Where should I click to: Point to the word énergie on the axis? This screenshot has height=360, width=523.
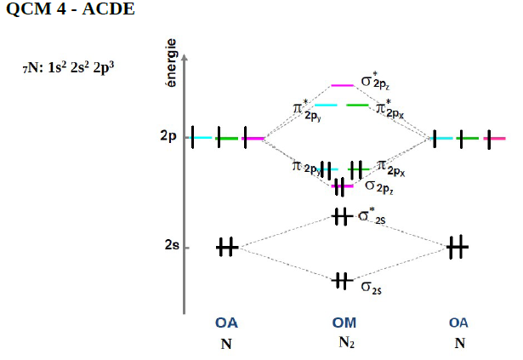tap(173, 63)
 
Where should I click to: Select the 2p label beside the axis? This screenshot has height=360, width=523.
tap(168, 137)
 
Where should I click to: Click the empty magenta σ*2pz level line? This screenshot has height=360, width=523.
tap(342, 85)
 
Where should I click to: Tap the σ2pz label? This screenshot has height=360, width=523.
tap(378, 185)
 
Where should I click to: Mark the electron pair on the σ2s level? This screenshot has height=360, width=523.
tap(342, 279)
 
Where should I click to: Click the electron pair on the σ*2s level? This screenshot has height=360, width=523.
tap(341, 216)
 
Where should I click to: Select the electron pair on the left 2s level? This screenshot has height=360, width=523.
tap(226, 247)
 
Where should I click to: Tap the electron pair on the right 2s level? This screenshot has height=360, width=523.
tap(457, 247)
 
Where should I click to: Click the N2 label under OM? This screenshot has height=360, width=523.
tap(344, 344)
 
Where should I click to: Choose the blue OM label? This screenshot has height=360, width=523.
tap(344, 323)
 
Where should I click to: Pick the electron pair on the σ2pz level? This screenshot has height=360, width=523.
tap(341, 186)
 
